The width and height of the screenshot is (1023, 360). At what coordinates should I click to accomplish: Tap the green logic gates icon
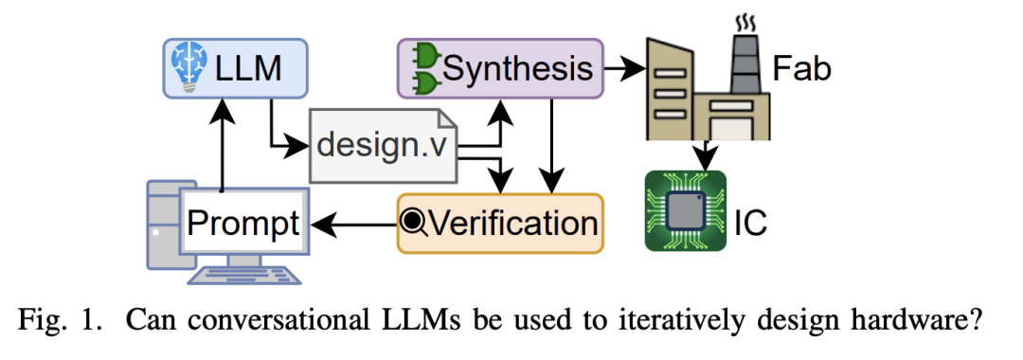pyautogui.click(x=424, y=69)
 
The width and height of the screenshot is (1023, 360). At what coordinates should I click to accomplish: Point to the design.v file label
pyautogui.click(x=383, y=145)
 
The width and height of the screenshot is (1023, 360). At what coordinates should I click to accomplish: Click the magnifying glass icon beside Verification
pyautogui.click(x=414, y=224)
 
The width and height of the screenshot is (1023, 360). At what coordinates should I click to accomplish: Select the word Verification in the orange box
pyautogui.click(x=514, y=224)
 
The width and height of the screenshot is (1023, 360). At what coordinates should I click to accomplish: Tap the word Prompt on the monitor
pyautogui.click(x=243, y=224)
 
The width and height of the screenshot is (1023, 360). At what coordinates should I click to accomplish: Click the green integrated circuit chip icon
pyautogui.click(x=685, y=210)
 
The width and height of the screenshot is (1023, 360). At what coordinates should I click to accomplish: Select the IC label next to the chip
pyautogui.click(x=750, y=224)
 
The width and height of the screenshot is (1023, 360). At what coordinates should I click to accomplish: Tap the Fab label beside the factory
pyautogui.click(x=802, y=69)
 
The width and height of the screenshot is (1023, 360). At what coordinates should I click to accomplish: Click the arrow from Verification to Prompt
pyautogui.click(x=354, y=225)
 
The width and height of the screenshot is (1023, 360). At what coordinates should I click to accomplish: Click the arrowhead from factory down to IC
pyautogui.click(x=706, y=158)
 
